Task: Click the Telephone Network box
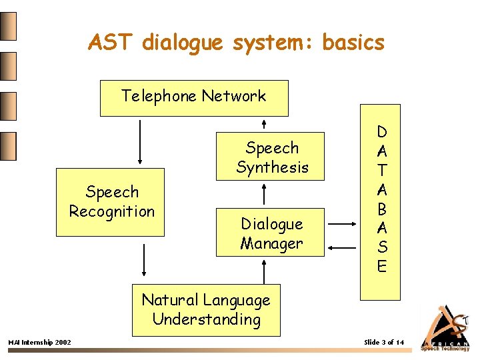click(x=193, y=98)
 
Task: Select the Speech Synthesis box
click(x=272, y=157)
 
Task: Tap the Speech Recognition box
click(x=110, y=202)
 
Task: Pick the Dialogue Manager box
click(x=272, y=233)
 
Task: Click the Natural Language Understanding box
click(x=206, y=309)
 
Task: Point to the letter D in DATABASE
click(x=381, y=132)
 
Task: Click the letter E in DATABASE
click(x=381, y=267)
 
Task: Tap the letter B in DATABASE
click(x=381, y=209)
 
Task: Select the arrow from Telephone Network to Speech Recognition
click(x=140, y=141)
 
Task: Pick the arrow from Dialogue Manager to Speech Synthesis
click(x=265, y=194)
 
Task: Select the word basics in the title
click(x=353, y=43)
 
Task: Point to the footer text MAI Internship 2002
click(x=39, y=343)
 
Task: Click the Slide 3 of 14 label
click(x=384, y=343)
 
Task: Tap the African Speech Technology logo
click(x=445, y=328)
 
